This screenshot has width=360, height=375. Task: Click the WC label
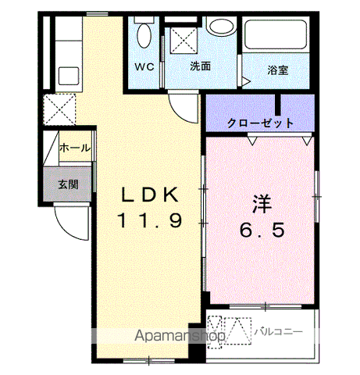(144, 67)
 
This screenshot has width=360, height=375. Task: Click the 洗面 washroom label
(200, 66)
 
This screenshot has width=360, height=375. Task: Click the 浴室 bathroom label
(278, 70)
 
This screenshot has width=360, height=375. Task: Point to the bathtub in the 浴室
(276, 34)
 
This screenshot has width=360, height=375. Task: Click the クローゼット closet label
(260, 123)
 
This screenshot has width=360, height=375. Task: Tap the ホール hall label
(75, 148)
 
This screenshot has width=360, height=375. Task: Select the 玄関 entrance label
(68, 184)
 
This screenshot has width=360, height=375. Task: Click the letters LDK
(150, 195)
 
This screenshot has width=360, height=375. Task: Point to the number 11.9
(150, 220)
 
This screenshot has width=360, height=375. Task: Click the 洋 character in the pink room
(262, 204)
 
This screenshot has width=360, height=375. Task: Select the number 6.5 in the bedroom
(262, 230)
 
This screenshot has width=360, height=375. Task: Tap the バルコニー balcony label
(279, 332)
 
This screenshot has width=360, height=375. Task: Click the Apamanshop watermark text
(180, 336)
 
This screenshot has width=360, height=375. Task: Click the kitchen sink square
(69, 76)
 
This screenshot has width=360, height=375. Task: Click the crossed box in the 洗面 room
(184, 41)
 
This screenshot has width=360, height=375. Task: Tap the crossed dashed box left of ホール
(59, 109)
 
